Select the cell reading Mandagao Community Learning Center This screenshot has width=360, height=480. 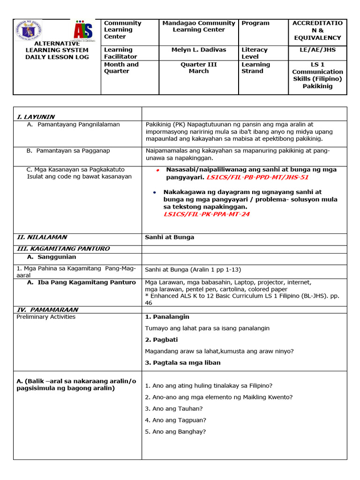tap(199, 26)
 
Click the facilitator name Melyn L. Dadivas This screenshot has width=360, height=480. tap(199, 50)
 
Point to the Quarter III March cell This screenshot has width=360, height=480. tap(199, 68)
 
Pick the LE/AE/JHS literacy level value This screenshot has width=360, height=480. tap(317, 50)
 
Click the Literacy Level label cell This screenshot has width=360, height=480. tap(255, 53)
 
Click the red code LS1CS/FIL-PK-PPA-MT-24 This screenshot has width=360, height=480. tap(206, 214)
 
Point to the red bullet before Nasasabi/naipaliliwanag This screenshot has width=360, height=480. tap(158, 170)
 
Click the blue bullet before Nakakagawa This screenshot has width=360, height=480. tap(155, 193)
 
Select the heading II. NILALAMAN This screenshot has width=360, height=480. tap(42, 237)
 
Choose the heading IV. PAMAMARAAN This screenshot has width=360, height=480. tap(47, 310)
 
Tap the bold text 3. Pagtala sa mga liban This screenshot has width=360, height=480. tap(183, 362)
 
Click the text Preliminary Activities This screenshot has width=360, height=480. tap(46, 317)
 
